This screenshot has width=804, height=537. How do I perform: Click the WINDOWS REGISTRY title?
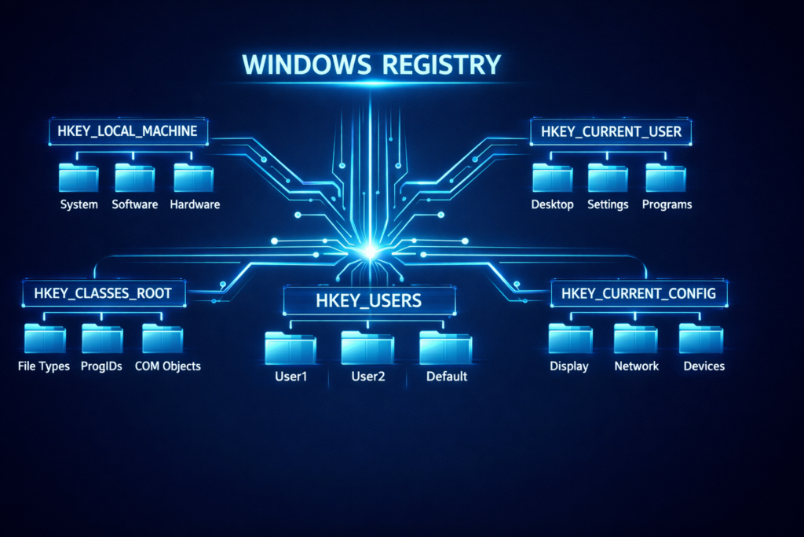371,64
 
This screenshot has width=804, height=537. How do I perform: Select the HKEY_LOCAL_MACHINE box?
128,131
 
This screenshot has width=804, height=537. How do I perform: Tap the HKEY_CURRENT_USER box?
612,131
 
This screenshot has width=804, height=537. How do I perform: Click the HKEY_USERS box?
368,300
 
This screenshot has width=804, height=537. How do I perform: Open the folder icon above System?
79,178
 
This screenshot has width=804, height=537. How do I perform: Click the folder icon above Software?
135,178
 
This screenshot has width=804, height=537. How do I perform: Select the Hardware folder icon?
193,178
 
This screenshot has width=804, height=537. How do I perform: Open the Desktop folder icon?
552,178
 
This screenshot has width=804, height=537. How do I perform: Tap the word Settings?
608,204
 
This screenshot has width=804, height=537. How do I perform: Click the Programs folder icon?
666,178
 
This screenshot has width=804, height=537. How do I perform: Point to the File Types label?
43,366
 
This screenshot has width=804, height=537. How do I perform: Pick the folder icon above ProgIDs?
102,339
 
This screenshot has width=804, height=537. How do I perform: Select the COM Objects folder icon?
163,339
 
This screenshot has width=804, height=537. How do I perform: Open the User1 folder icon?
290,348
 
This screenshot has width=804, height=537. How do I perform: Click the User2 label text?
367,377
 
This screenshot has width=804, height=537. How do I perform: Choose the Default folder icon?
445,348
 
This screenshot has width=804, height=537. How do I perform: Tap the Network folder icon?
635,339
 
